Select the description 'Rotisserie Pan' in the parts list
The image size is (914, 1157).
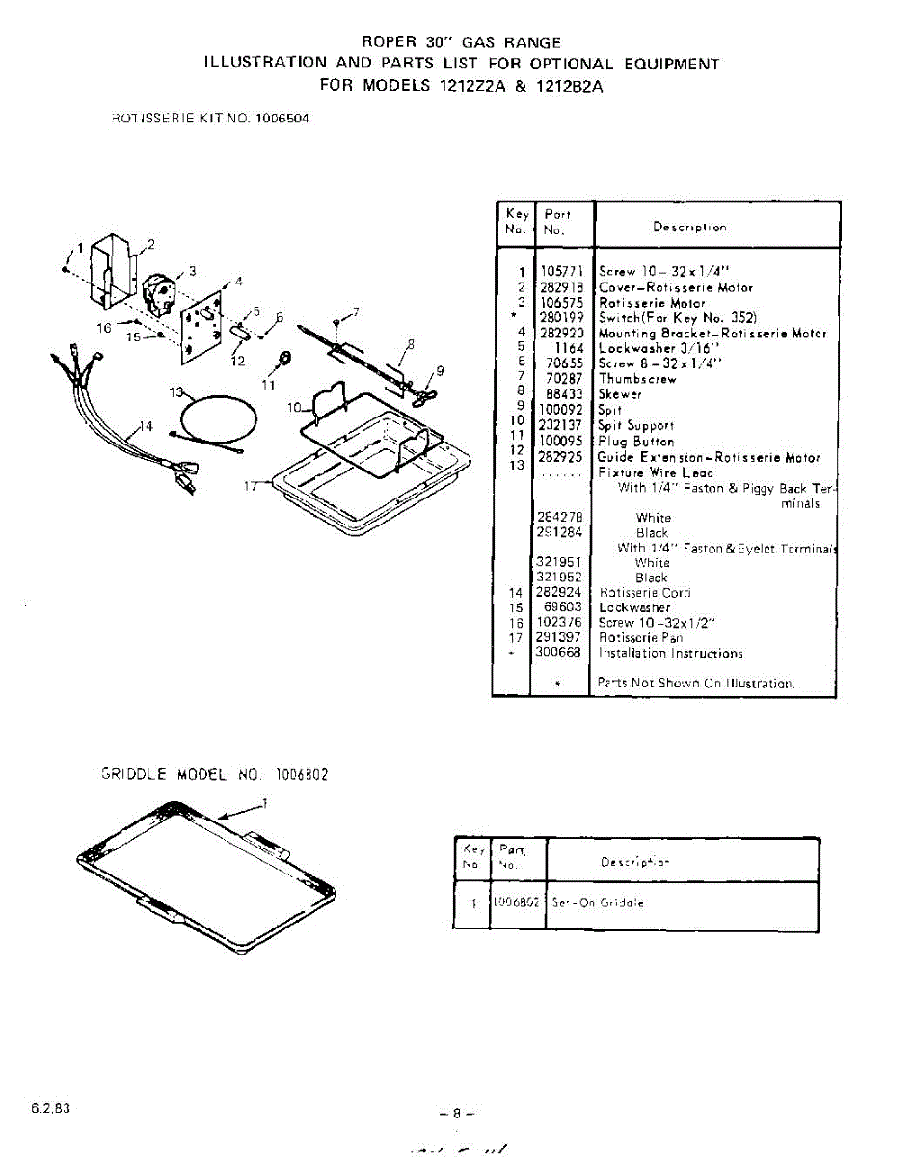pyautogui.click(x=640, y=638)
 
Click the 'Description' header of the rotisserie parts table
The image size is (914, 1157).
pyautogui.click(x=689, y=228)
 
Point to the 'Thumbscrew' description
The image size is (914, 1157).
pyautogui.click(x=637, y=379)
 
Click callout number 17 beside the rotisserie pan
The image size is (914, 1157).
pyautogui.click(x=252, y=486)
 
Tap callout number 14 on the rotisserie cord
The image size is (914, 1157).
pyautogui.click(x=146, y=427)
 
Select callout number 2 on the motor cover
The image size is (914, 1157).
pyautogui.click(x=150, y=243)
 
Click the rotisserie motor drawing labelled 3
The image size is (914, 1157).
pyautogui.click(x=159, y=290)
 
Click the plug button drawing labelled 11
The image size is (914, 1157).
pyautogui.click(x=285, y=360)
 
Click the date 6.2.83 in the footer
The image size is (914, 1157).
pyautogui.click(x=49, y=1108)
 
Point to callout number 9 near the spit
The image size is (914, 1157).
pyautogui.click(x=440, y=369)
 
